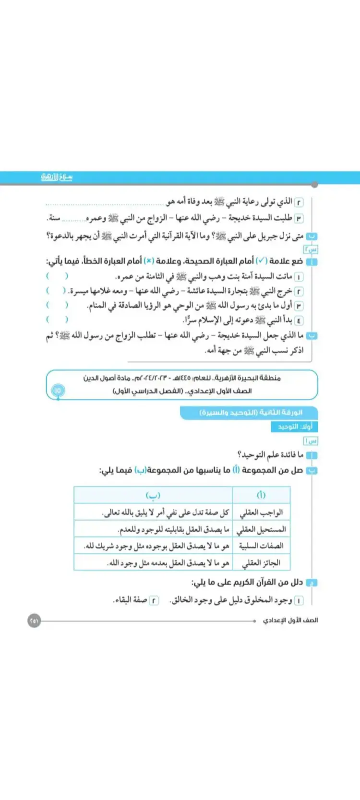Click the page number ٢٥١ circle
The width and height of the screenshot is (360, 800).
34,621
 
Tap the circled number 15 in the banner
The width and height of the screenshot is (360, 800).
58,391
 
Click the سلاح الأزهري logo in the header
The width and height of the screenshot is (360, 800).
57,177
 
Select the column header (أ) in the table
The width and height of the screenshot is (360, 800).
261,495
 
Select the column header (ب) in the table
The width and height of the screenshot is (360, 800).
153,495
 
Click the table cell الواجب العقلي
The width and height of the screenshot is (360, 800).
261,513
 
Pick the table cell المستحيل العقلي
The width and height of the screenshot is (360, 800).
261,529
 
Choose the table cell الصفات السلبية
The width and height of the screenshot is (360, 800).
261,546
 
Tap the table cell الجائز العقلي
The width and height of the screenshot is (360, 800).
261,562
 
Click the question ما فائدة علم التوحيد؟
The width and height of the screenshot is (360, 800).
270,454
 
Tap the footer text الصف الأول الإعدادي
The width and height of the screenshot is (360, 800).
290,621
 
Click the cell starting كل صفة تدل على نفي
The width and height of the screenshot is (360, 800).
166,513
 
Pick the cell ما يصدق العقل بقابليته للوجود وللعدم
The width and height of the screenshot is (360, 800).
173,529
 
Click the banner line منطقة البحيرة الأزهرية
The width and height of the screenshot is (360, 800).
181,378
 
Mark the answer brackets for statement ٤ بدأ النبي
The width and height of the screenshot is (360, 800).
57,320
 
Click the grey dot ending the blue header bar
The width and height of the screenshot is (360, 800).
314,184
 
